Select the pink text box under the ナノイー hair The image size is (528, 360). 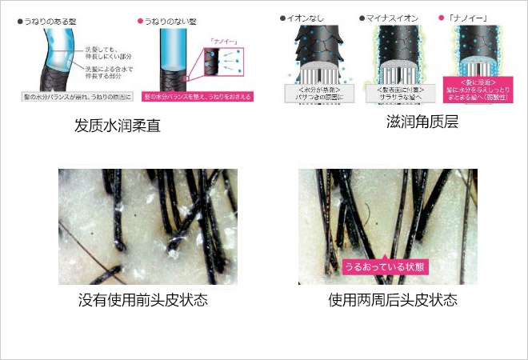click(x=477, y=90)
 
